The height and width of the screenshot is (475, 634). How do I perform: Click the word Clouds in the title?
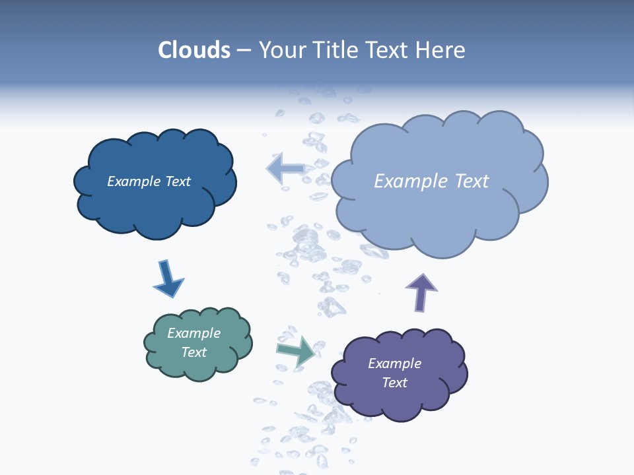point(194,50)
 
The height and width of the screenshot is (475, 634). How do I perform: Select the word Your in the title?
point(280,50)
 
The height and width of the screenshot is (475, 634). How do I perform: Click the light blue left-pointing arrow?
point(285,169)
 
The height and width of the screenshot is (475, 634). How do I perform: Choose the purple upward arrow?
point(421,292)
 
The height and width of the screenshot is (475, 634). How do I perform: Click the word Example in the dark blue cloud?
point(134,181)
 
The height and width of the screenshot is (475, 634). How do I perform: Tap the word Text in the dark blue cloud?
point(178,181)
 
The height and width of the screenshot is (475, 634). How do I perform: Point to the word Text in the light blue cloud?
point(472,181)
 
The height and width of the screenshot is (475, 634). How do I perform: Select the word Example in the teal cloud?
point(194,333)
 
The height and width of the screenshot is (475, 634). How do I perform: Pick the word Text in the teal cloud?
point(194,352)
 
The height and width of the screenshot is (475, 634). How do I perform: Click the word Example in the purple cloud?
point(395,364)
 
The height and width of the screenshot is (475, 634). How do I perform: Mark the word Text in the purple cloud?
point(395,383)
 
